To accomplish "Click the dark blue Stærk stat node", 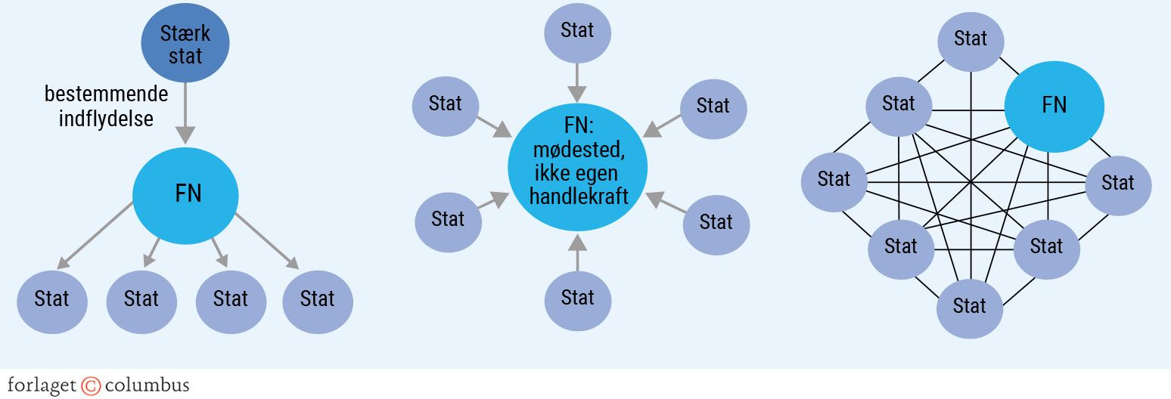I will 185,44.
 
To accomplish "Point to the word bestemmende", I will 106,95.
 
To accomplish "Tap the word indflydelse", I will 106,119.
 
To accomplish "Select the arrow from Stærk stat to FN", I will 186,113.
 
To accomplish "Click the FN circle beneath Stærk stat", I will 186,195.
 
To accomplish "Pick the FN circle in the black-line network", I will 1054,106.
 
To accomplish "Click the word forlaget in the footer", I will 42,385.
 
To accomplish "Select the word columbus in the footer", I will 147,385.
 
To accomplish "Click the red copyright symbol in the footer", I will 91,386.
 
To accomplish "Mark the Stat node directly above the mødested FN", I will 577,31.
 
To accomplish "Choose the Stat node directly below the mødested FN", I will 577,298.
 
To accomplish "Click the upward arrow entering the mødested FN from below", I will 577,251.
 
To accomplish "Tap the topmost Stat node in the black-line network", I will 971,39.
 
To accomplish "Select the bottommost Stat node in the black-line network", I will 970,307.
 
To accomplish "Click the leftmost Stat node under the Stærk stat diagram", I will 52,300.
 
